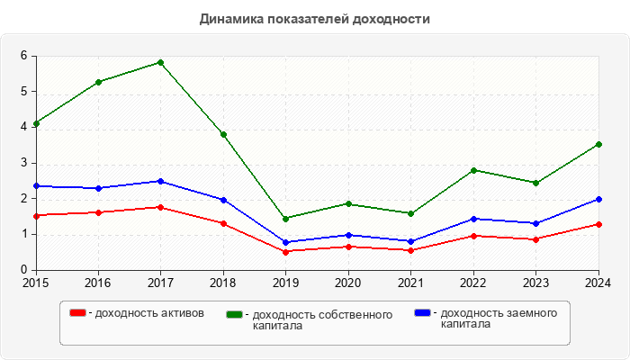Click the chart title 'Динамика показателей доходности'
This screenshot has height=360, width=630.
pos(315,18)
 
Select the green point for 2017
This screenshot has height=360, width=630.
pos(160,62)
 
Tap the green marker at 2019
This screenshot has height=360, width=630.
pos(285,219)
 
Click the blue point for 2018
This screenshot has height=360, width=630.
pos(223,200)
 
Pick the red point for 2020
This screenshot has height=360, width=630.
pos(348,247)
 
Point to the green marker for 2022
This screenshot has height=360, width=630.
pos(473,170)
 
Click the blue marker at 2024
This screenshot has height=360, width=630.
pos(598,199)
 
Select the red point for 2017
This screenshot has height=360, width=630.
pos(160,207)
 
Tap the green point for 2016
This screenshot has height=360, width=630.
pos(98,82)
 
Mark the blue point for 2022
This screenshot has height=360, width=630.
pos(473,219)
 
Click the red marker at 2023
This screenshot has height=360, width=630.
pos(536,239)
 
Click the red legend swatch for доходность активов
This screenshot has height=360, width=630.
pos(78,312)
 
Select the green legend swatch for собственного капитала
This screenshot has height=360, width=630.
pos(236,314)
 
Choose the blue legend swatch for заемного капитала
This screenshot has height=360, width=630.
pos(422,312)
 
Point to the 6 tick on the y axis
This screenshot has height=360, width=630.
pos(24,56)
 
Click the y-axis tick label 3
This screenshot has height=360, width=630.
pos(24,163)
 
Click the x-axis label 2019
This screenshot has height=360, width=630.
pos(285,283)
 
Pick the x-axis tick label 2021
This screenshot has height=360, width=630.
pos(410,283)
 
